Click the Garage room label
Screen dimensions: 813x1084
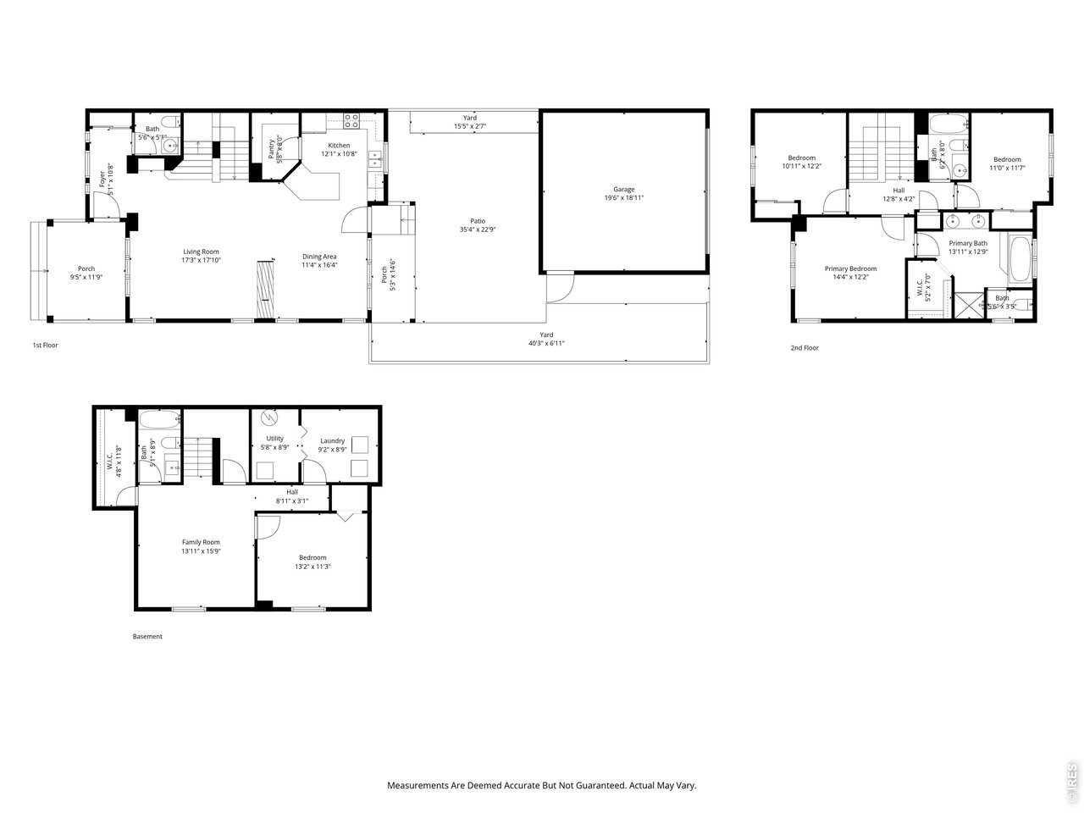point(624,190)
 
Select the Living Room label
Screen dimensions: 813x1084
point(202,252)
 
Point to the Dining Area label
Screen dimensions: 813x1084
point(320,257)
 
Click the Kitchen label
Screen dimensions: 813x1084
point(339,146)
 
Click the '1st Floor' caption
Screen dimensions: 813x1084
point(45,345)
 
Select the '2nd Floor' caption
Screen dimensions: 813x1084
point(805,347)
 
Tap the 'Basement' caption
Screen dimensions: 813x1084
point(147,636)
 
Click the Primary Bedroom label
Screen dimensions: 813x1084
point(850,268)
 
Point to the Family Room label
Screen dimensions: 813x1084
point(201,542)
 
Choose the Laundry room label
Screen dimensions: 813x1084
point(332,440)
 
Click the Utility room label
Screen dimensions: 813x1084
point(274,438)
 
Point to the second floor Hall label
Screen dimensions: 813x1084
point(899,191)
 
